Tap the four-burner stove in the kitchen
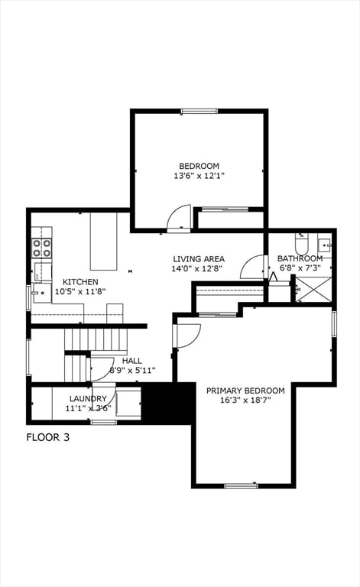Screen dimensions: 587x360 tap(41, 248)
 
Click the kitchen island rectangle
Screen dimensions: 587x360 tap(103, 242)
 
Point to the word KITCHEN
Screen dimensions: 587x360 tap(80, 282)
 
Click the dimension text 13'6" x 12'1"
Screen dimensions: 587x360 tap(199, 176)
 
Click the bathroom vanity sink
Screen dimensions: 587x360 tap(324, 245)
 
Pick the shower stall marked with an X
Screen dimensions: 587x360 tap(313, 290)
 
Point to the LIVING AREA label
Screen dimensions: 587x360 tap(198, 259)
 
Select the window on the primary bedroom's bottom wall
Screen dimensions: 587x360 tap(241, 485)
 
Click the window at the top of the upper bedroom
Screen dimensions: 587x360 tap(199, 112)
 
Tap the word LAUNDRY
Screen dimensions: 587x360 tap(88, 398)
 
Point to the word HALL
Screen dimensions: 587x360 tap(131, 361)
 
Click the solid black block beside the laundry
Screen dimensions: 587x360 tap(169, 403)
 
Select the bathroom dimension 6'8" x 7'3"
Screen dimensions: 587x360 tap(300, 268)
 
